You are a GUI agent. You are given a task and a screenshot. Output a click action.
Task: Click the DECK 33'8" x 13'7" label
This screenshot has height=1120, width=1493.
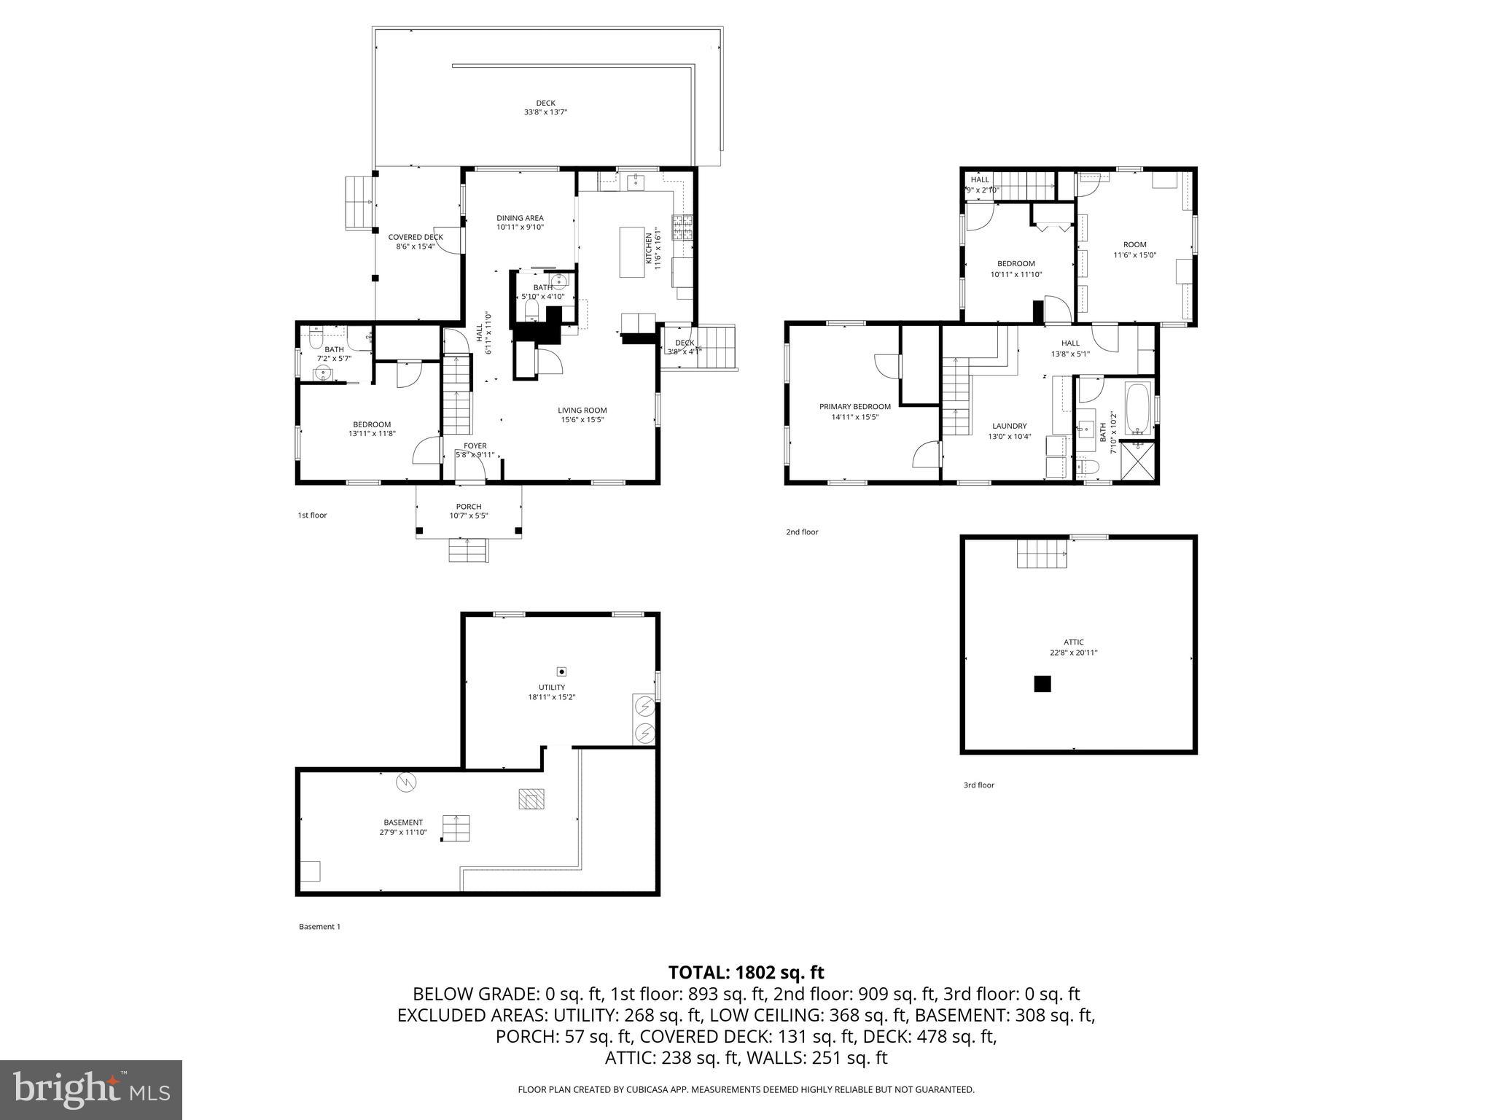coord(545,108)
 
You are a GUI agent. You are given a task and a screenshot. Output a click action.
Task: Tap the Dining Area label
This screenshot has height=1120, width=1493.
coord(520,218)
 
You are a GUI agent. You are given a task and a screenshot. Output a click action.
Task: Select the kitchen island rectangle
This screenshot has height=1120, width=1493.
coord(632,252)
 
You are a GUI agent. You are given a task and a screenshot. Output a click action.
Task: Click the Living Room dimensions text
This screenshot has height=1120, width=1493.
coord(582,419)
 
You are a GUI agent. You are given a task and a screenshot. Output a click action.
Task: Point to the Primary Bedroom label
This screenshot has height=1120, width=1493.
coord(854,407)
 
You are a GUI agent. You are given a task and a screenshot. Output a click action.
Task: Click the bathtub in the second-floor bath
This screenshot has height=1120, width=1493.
coord(1138,408)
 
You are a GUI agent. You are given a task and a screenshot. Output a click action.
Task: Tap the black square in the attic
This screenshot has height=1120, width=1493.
coord(1042,684)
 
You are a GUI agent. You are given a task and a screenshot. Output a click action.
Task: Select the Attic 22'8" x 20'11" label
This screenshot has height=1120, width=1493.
coord(1073,647)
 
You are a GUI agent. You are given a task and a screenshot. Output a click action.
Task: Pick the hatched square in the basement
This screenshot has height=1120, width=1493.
coord(531,799)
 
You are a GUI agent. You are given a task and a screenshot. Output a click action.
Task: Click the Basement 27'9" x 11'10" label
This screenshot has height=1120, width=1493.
coord(403,827)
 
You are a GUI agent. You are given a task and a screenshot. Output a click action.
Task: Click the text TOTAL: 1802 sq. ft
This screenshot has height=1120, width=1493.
coord(746,973)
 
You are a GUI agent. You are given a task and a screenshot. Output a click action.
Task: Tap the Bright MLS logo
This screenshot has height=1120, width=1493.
coord(91,1089)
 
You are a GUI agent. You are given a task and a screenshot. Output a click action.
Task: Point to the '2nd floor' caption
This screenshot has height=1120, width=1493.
coord(801,532)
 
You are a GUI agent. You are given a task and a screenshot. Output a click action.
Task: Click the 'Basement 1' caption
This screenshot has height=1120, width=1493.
coord(319,927)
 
